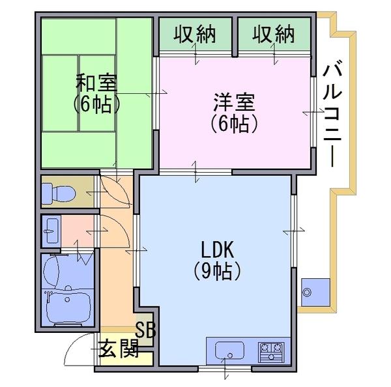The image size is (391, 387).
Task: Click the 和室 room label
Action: pyautogui.click(x=96, y=83)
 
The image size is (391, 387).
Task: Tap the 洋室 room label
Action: pyautogui.click(x=234, y=102)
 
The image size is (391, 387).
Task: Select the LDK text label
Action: pyautogui.click(x=218, y=250)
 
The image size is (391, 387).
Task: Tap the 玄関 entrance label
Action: pyautogui.click(x=118, y=349)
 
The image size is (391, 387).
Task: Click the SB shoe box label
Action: pyautogui.click(x=145, y=330)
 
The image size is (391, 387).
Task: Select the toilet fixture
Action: pyautogui.click(x=59, y=193)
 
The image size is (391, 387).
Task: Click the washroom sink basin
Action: pyautogui.click(x=51, y=231)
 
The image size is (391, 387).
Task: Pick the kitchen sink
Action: pyautogui.click(x=229, y=351)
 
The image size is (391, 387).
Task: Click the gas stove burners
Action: pyautogui.click(x=271, y=352)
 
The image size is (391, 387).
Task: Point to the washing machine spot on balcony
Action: pyautogui.click(x=315, y=293)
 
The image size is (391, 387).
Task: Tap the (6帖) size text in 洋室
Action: pyautogui.click(x=234, y=123)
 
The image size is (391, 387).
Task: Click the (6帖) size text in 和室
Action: pyautogui.click(x=96, y=104)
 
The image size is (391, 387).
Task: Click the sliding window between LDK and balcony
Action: pyautogui.click(x=294, y=231)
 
